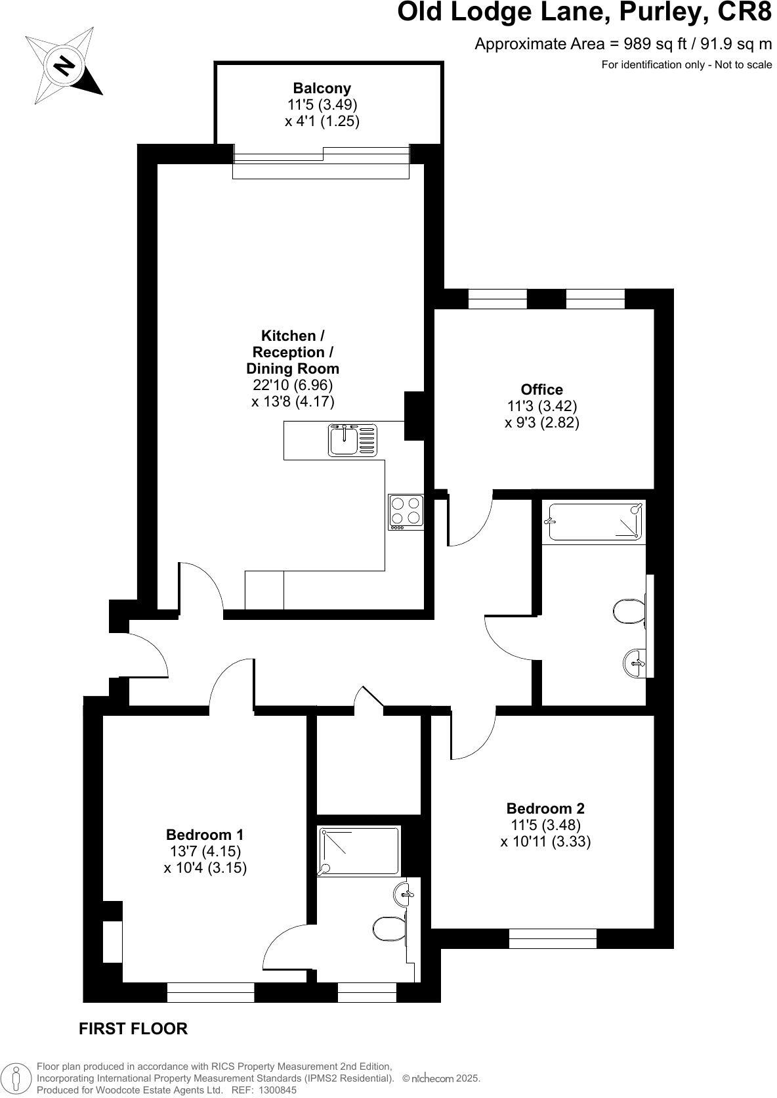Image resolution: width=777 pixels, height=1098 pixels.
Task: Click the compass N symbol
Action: click(64, 66)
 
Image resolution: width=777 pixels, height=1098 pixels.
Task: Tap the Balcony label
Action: click(322, 88)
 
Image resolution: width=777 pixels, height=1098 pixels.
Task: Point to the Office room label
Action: click(541, 389)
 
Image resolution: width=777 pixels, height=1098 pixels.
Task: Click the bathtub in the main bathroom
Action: click(593, 521)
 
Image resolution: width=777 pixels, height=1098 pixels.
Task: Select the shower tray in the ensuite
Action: click(358, 851)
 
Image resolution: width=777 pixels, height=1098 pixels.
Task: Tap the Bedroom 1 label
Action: click(205, 835)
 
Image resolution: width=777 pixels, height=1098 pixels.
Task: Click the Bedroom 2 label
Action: click(545, 808)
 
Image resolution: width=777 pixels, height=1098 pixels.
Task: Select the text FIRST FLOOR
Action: click(133, 1028)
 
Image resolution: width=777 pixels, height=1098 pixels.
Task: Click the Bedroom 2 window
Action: click(553, 938)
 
